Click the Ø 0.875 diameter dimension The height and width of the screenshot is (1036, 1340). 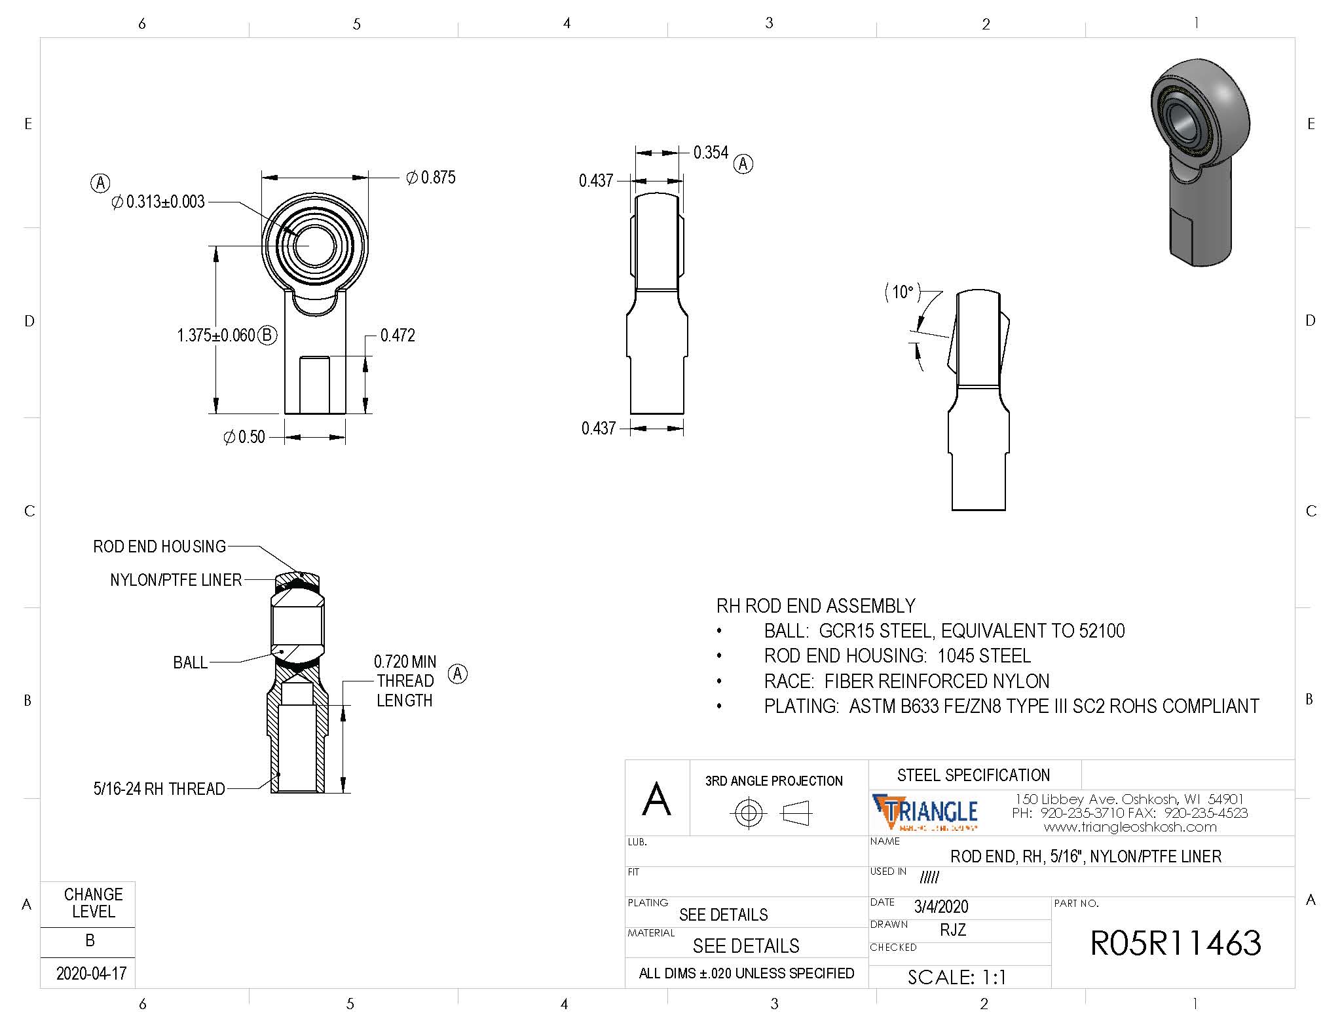[431, 178]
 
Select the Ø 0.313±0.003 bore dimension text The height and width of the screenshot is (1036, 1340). [158, 202]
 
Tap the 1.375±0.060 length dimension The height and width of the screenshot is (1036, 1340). [216, 336]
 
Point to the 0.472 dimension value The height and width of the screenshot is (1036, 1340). [398, 336]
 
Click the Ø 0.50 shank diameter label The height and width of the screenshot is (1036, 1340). [244, 437]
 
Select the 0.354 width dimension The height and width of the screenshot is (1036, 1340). [711, 153]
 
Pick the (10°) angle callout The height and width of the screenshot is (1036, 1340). [903, 292]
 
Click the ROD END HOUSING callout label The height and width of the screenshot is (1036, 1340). [159, 547]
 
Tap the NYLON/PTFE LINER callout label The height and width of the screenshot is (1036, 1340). [176, 580]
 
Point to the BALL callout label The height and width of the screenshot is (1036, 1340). [190, 662]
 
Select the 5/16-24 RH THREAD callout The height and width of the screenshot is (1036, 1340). [159, 789]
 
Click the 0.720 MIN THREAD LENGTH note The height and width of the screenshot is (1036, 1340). [405, 681]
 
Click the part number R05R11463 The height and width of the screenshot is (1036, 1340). [1175, 943]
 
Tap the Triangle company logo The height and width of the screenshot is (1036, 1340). [925, 813]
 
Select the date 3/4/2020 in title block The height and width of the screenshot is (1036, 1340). [940, 906]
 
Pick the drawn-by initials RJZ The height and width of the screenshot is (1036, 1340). [952, 930]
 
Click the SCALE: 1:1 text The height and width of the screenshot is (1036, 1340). [957, 977]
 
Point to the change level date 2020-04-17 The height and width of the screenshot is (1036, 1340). [91, 973]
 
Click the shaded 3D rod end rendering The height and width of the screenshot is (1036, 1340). [1199, 161]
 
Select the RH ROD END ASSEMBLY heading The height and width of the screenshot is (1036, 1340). [815, 605]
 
